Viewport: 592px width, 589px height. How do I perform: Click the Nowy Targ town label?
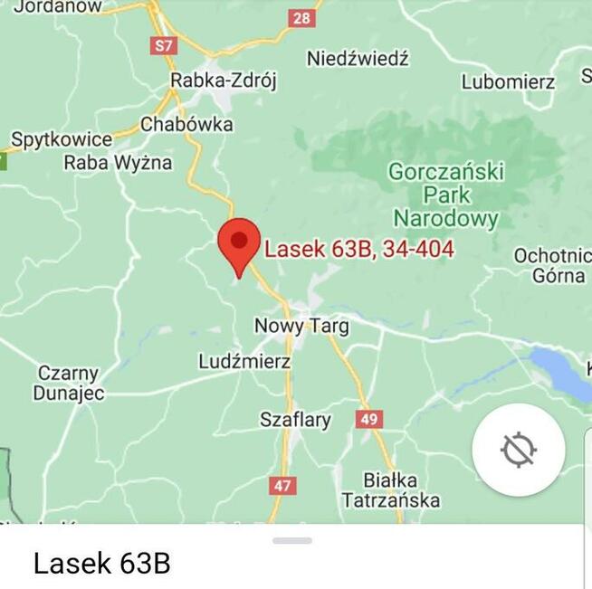point(301,326)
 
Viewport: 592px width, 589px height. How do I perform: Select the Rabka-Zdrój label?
point(224,81)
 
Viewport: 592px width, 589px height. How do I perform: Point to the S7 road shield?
point(163,45)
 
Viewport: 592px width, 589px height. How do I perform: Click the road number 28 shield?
point(301,18)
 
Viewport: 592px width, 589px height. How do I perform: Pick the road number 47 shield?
point(282,486)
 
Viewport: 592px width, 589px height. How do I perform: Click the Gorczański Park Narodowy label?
point(446,195)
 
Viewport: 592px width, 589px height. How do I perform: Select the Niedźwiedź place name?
point(358,59)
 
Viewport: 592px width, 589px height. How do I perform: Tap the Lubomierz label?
point(508,81)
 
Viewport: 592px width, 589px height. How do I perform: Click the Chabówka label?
point(186,124)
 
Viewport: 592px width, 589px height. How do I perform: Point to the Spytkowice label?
point(62,140)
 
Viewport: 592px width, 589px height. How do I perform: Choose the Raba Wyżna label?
point(118,163)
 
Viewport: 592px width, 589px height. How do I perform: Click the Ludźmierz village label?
point(244,362)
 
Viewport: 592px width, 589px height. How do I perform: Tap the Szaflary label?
point(295,420)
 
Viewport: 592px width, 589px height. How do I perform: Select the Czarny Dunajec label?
point(69,384)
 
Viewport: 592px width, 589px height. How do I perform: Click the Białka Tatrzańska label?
point(391,489)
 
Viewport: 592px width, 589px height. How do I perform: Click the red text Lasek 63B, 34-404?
point(359,249)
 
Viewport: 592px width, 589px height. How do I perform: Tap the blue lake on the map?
point(561,372)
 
